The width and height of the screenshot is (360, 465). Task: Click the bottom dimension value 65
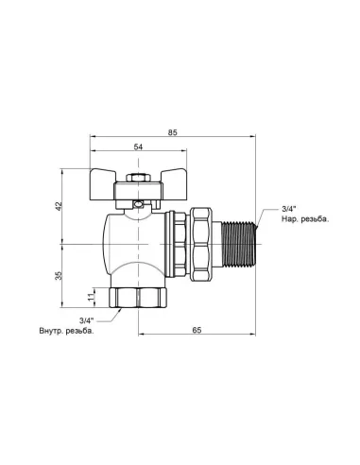pos(197,332)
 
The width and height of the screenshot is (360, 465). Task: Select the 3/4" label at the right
pos(288,208)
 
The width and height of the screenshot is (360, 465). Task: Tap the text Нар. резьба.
pos(304,219)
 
